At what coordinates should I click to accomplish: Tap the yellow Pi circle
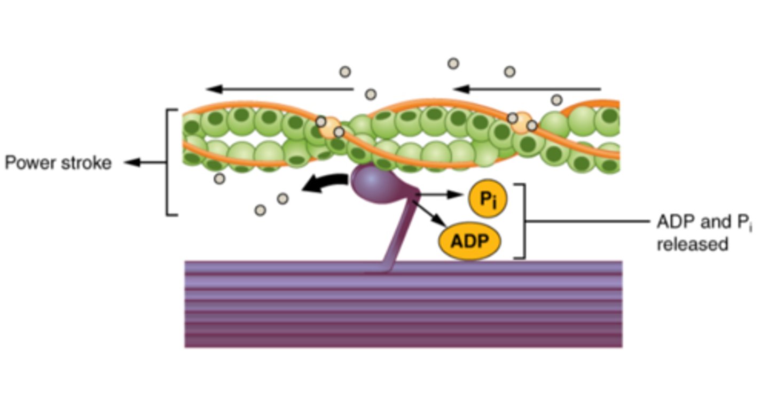487,199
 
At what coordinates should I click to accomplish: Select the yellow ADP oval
469,242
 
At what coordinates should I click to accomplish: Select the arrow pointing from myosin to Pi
441,195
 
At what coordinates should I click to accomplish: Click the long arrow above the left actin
280,89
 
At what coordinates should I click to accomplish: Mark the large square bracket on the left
168,162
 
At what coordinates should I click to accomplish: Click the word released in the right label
692,244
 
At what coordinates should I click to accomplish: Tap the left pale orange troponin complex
329,127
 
